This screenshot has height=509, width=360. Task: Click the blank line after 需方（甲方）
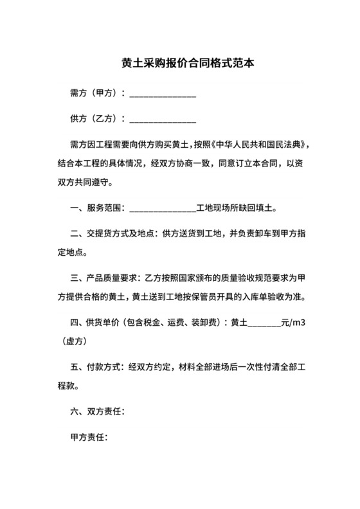[163, 94]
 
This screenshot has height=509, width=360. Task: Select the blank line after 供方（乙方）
[163, 120]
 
